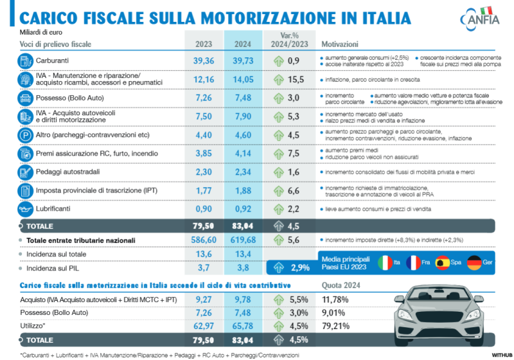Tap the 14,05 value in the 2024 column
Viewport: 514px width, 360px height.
(244, 79)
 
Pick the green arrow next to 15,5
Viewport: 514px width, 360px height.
(278, 79)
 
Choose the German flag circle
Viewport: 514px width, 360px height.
(474, 263)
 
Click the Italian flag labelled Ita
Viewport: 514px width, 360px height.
(384, 263)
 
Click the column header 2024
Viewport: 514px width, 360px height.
(244, 44)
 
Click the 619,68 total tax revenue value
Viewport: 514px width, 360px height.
(244, 240)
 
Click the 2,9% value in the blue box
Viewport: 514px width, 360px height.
(299, 267)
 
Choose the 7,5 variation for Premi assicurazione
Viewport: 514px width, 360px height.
(294, 154)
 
